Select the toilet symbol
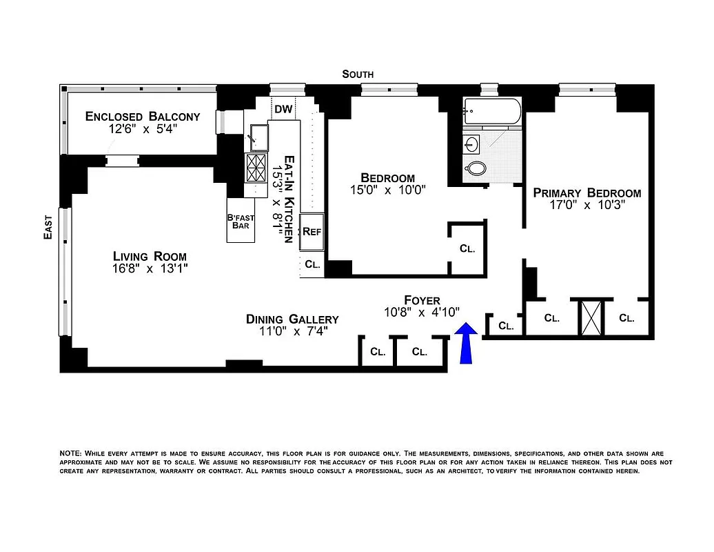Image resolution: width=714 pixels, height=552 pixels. point(476,168)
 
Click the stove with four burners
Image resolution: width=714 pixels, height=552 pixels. point(256,167)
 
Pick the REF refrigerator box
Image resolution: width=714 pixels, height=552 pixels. point(312,232)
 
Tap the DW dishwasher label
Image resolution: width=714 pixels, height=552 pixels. point(283,109)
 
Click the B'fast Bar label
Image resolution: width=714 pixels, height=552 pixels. point(241,221)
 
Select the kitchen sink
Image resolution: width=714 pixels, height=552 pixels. point(258,136)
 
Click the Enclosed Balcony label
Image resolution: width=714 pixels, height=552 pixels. point(143,117)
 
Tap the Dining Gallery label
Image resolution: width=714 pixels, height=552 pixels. point(292,319)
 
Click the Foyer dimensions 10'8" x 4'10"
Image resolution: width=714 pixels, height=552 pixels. point(421,313)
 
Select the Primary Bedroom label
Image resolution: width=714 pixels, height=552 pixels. point(586,193)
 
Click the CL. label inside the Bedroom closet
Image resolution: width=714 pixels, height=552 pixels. point(467,249)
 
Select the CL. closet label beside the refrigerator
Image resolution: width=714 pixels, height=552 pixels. point(312,264)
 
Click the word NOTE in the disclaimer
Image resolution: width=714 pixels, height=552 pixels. point(70,453)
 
